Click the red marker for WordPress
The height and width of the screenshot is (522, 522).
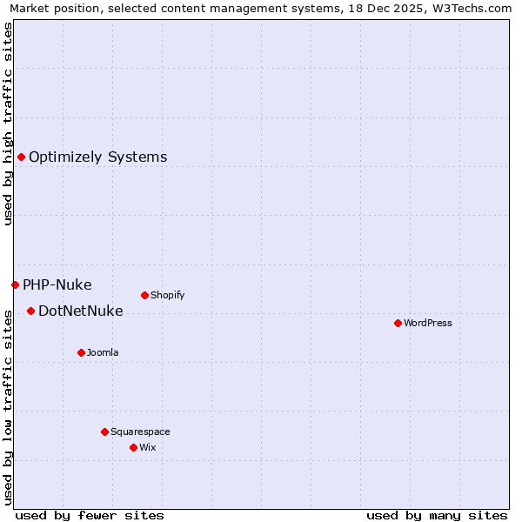[398, 323]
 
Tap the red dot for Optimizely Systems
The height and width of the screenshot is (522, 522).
[21, 157]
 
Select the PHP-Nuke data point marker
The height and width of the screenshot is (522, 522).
[15, 284]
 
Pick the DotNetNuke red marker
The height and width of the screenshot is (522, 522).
[30, 311]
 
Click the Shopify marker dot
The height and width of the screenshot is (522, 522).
[144, 295]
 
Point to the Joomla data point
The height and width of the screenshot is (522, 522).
[81, 352]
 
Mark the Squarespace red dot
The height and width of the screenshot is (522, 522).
[104, 432]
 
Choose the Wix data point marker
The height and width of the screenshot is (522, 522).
[133, 447]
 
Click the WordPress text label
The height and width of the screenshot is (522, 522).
[428, 323]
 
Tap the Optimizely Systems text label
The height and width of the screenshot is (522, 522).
[97, 157]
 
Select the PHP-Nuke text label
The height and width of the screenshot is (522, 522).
[57, 284]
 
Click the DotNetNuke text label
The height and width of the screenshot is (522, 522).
[80, 311]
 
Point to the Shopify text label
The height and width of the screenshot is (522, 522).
[167, 295]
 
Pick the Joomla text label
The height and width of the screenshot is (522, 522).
[103, 352]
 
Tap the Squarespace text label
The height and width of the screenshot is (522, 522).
[140, 432]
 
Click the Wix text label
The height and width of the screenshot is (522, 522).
[148, 447]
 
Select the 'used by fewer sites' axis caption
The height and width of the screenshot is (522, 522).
[90, 515]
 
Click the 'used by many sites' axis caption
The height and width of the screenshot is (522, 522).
[437, 515]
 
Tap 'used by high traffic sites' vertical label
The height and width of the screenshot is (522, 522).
[8, 124]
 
